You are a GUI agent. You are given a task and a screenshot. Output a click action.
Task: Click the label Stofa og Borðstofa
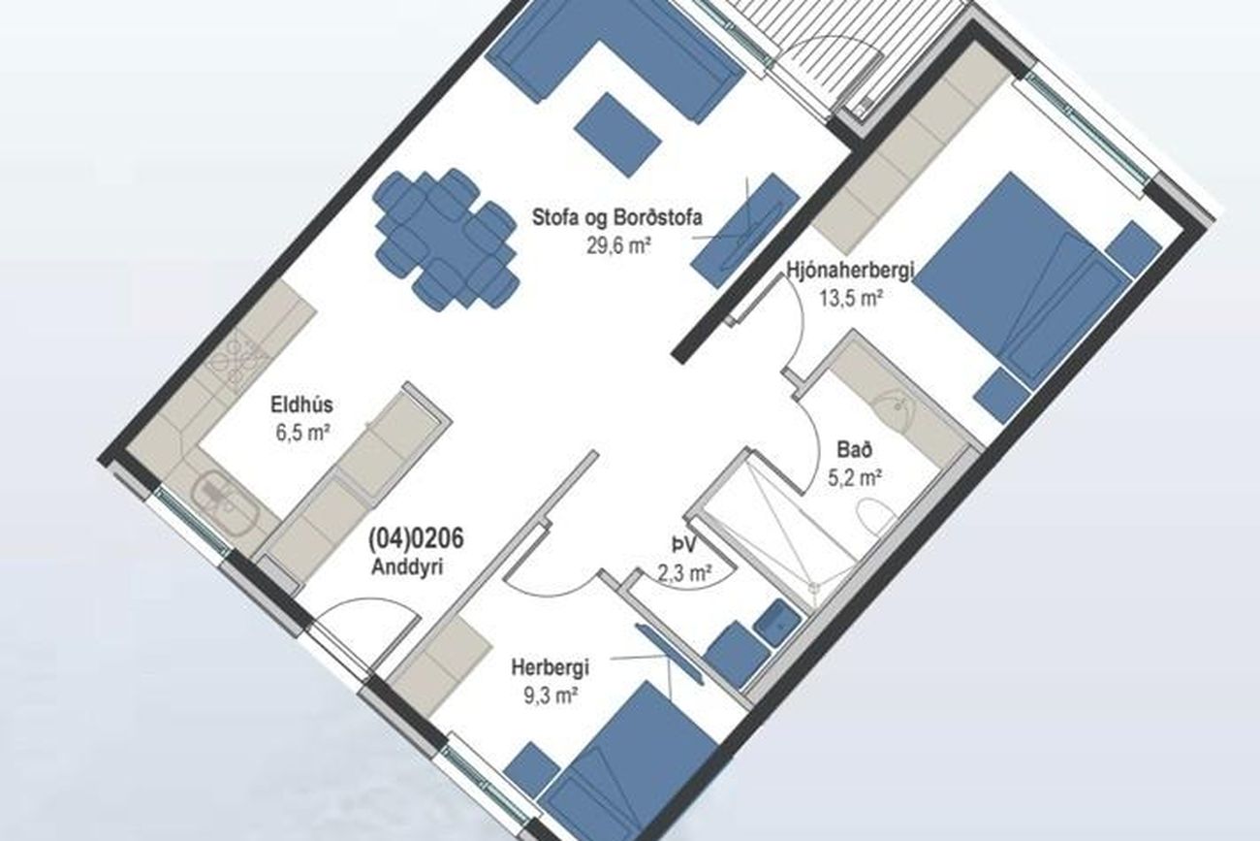tap(617, 218)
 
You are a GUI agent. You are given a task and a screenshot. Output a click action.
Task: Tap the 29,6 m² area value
tap(619, 246)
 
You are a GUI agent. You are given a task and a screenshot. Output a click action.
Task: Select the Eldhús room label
tap(301, 404)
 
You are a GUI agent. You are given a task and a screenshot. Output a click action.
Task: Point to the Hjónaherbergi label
tap(850, 271)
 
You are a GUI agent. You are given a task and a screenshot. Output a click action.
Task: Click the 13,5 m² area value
tap(850, 298)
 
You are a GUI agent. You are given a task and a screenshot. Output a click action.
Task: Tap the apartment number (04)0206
tap(416, 538)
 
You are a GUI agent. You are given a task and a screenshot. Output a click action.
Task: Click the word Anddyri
tap(407, 566)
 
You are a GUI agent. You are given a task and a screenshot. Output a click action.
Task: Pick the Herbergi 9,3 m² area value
tap(551, 696)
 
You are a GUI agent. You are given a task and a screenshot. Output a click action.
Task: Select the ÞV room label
tap(684, 544)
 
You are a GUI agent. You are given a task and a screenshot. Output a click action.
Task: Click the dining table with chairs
tap(447, 239)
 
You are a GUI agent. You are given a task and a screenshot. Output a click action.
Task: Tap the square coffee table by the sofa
tap(617, 136)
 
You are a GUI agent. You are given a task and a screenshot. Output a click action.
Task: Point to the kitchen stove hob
tap(236, 357)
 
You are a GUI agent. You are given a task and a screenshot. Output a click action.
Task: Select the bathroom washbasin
tap(894, 409)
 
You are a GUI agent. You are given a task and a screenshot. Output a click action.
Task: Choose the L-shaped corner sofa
tap(614, 56)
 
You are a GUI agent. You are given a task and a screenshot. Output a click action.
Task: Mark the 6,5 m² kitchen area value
tap(302, 433)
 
